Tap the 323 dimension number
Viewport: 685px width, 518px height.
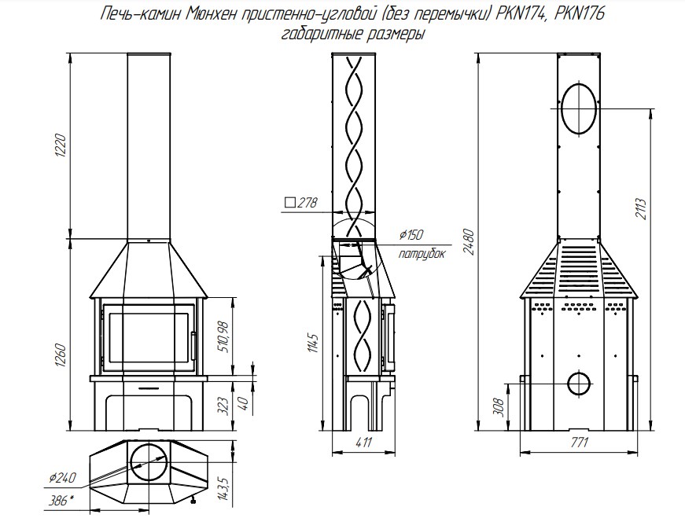(x=223, y=406)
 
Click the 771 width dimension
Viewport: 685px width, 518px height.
(x=579, y=442)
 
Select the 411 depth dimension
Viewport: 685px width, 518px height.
(x=363, y=442)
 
